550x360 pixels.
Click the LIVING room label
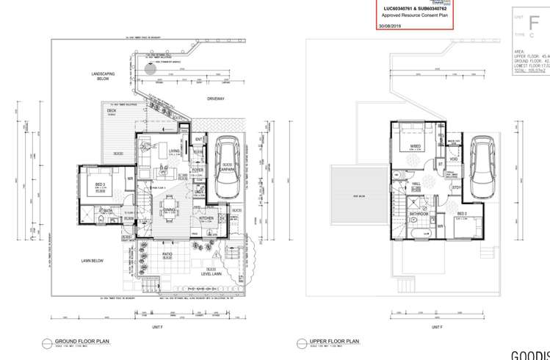174,151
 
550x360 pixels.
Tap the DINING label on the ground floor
170,209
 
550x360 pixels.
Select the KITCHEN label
206,218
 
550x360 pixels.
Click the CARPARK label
228,168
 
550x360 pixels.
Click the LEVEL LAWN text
211,274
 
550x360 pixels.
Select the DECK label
112,111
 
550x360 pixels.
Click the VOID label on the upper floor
454,159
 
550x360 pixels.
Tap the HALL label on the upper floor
416,184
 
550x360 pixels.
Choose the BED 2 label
461,214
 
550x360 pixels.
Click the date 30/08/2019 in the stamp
390,26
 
